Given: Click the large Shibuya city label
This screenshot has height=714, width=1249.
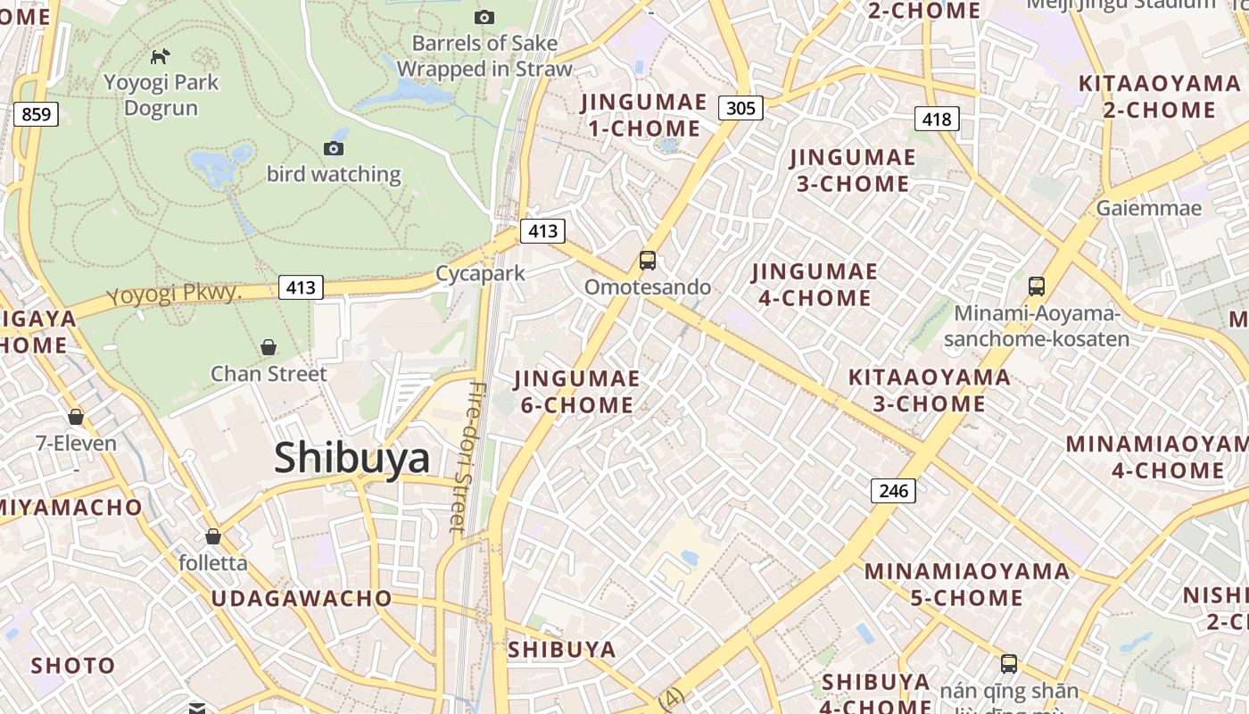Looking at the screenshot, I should coord(352,458).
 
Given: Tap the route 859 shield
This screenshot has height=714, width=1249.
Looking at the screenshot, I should coord(36,114).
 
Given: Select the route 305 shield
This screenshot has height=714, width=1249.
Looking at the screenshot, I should coord(740,109).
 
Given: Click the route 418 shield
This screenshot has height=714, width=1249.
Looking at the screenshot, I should coord(937,119).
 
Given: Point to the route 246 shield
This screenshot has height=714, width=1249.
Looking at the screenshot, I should coord(893,490).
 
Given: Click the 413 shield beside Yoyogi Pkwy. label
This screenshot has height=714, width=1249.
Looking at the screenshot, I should coord(301,287).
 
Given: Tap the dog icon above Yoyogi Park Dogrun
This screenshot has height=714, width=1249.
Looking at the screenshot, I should coord(160,57).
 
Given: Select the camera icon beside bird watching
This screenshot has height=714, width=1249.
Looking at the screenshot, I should coord(334,148).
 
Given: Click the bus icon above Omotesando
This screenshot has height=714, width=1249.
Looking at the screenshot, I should coord(648,261).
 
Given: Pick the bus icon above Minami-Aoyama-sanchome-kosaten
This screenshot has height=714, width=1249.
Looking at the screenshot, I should coord(1036,286).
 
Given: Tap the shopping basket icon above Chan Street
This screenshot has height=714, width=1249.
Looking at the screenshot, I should coord(269,347).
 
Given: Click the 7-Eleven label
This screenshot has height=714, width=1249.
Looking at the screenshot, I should coord(76,443).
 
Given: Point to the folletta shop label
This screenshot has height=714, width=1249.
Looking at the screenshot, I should coord(213,563).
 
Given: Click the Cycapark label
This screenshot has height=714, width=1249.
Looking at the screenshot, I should coord(480,273).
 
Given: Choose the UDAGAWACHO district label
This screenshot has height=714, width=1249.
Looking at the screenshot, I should coord(302,598).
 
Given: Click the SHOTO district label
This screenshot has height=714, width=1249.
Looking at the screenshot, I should coord(73,665).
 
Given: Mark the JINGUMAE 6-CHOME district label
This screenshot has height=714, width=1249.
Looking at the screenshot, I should coord(577,392).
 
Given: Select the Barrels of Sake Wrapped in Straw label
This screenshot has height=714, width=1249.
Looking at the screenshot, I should coord(484,55).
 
